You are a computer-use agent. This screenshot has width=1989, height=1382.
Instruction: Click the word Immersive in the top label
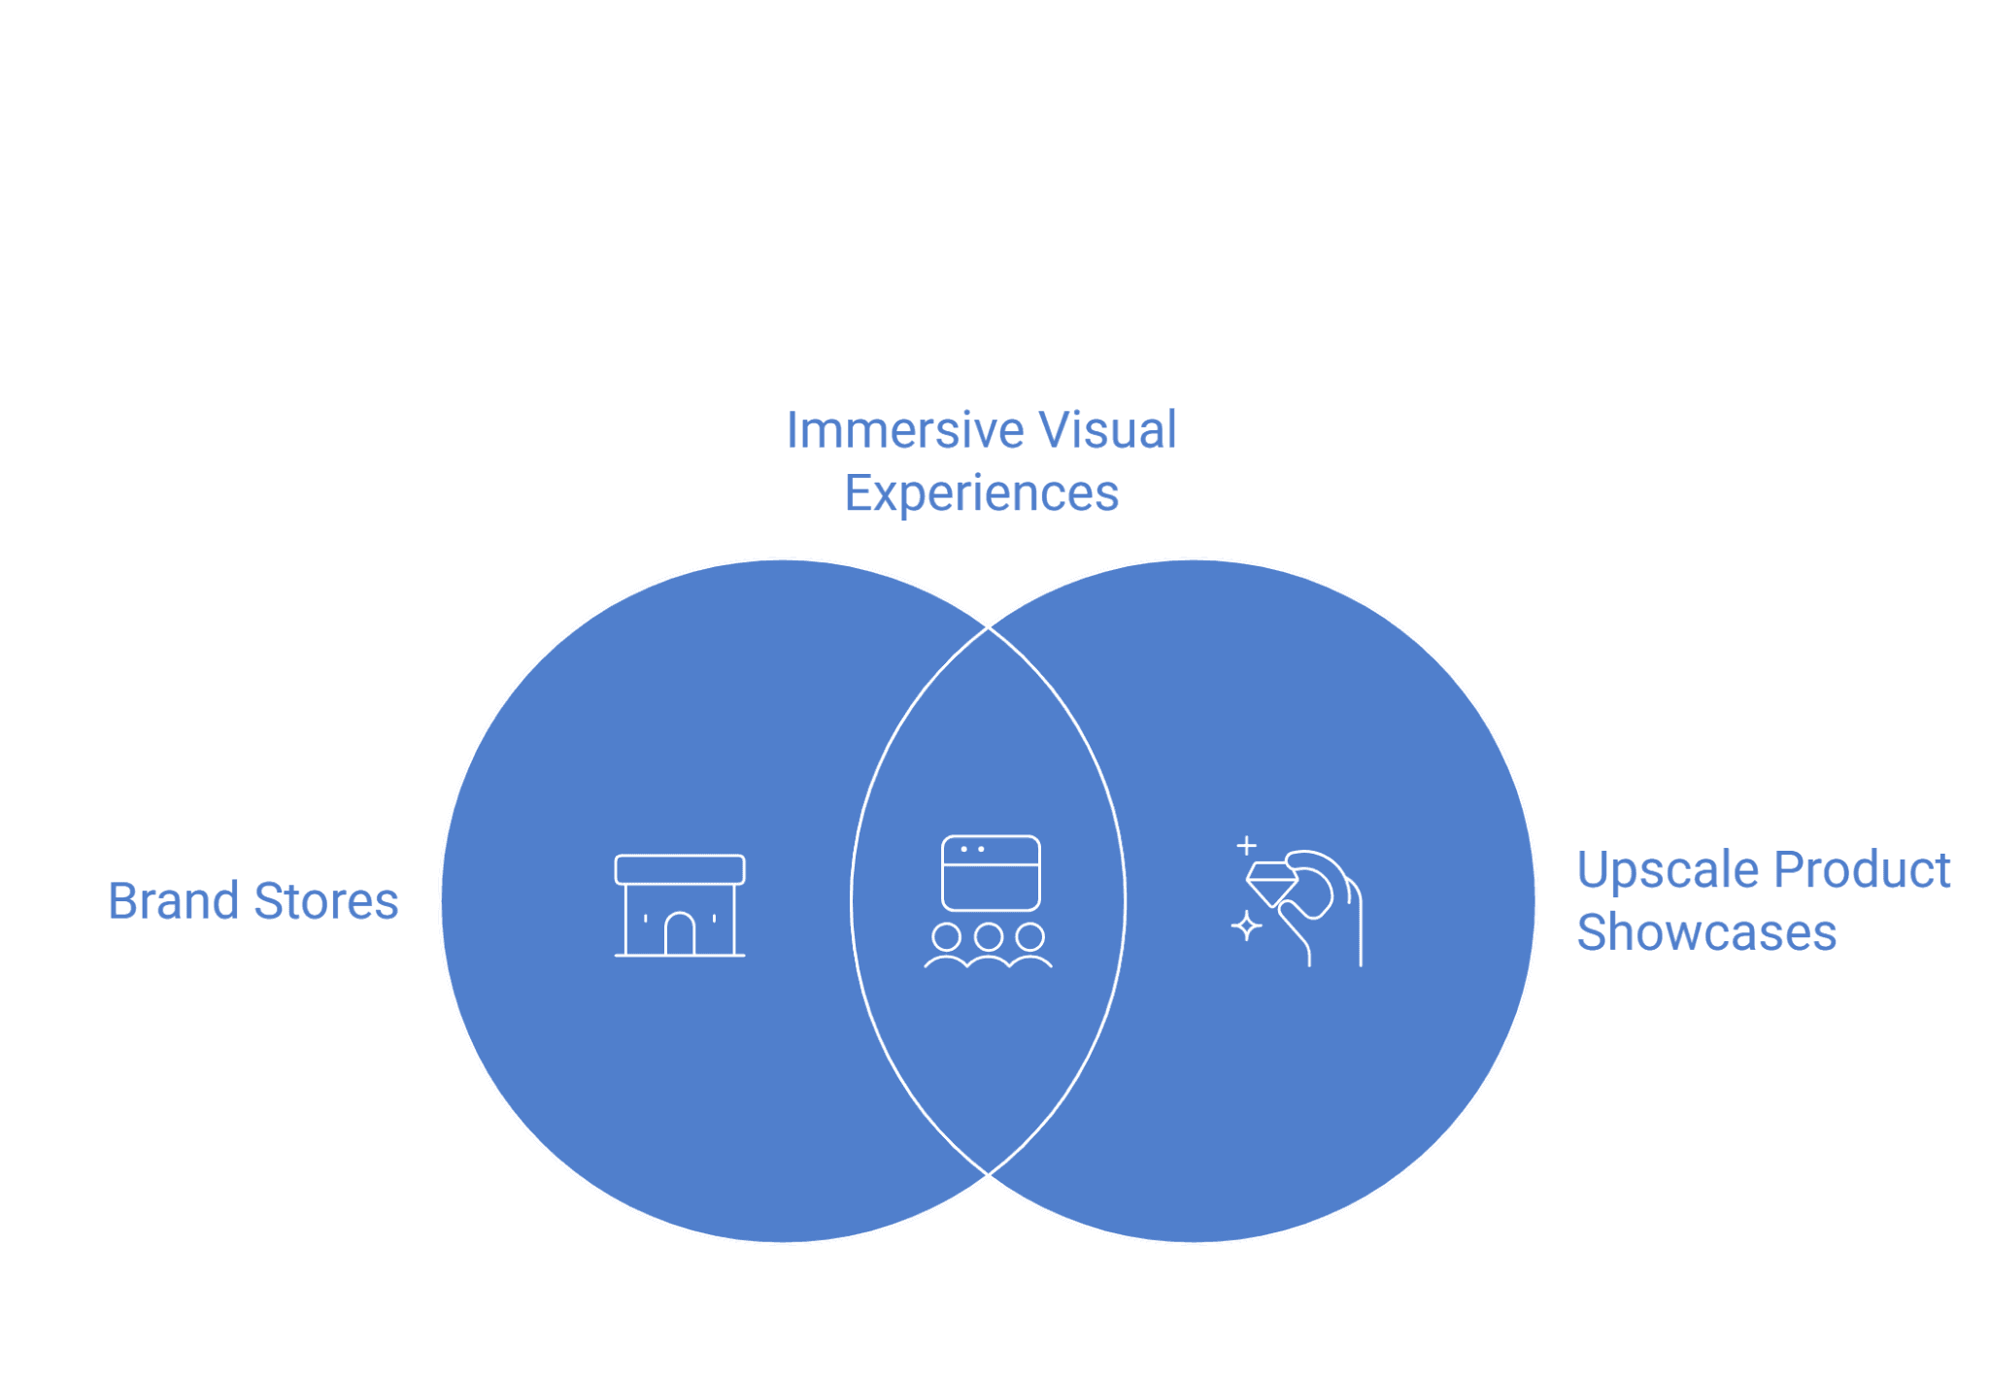pos(904,430)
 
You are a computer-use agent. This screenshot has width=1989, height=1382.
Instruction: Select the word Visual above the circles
pos(1107,430)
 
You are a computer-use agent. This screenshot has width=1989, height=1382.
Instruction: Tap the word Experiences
pos(981,494)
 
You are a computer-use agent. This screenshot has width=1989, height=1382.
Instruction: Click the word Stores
pos(326,901)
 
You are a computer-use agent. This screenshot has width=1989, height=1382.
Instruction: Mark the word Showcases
pos(1706,932)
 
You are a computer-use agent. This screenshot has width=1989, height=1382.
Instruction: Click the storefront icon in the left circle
pos(680,905)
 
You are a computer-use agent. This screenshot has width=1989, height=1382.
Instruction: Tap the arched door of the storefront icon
pos(680,934)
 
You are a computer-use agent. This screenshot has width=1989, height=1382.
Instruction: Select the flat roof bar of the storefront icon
pos(680,869)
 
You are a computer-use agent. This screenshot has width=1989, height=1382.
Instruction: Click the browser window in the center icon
pos(991,872)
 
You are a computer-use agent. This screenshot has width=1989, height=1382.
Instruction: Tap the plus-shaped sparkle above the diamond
pos(1247,846)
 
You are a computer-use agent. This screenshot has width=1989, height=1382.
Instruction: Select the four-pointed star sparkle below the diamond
pos(1246,927)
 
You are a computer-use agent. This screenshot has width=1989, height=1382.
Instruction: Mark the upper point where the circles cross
pos(989,627)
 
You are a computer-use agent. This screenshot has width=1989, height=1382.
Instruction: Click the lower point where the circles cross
pos(989,1174)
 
